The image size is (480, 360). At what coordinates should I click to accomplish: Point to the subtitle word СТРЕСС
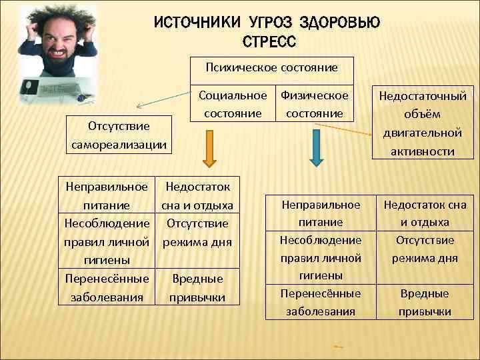click(267, 42)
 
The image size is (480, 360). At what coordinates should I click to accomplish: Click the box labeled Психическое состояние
click(271, 67)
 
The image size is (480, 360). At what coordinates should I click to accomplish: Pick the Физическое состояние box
click(315, 105)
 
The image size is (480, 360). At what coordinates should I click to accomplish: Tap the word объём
click(423, 115)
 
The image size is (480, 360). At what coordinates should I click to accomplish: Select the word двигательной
click(423, 133)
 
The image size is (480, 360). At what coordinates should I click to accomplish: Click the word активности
click(423, 151)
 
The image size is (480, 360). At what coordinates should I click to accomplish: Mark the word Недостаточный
click(423, 97)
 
